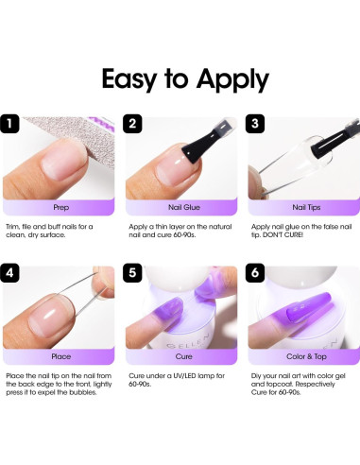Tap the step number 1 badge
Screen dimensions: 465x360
(x=12, y=124)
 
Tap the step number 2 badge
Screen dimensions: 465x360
(x=133, y=124)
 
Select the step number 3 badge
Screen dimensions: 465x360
(x=254, y=124)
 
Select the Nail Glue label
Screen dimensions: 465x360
(x=180, y=203)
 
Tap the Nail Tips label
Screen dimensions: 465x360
(x=300, y=203)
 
